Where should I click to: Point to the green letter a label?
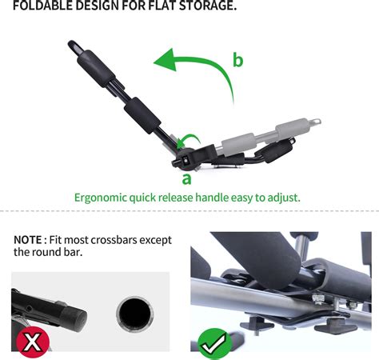coord(186,178)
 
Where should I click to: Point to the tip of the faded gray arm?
coord(317,122)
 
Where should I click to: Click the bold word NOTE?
coord(30,238)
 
